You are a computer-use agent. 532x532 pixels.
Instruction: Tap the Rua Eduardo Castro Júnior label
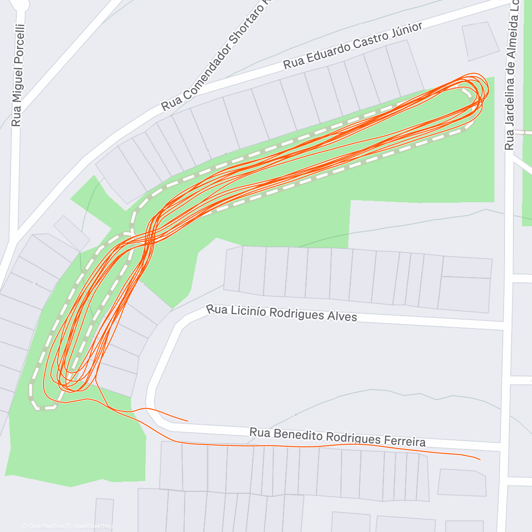pos(353,46)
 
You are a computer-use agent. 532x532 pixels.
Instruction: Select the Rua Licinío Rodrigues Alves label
pos(282,312)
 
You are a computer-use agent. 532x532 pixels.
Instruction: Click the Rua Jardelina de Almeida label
pos(513,75)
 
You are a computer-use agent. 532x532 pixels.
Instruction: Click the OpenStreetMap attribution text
pos(93,526)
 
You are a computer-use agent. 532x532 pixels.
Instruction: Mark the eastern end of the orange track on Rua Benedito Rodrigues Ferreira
pos(480,460)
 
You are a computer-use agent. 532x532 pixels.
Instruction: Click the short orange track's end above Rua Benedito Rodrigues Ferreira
pos(188,420)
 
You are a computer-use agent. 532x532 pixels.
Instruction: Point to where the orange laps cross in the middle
pos(149,240)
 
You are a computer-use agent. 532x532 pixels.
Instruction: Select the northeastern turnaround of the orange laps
pos(481,89)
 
